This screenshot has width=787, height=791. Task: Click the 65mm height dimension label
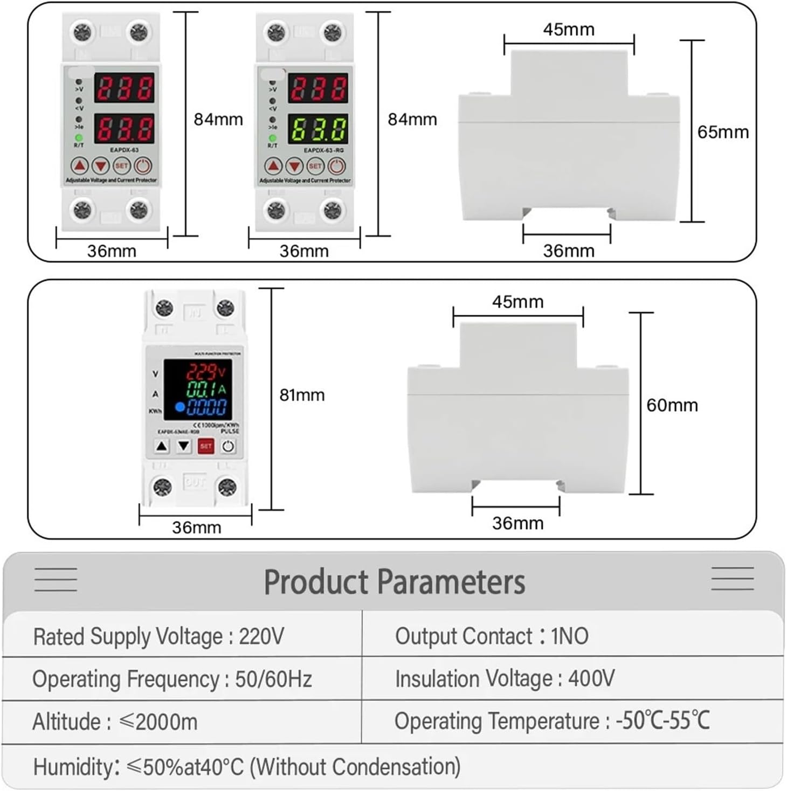click(723, 132)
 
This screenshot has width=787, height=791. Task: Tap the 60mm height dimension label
click(672, 405)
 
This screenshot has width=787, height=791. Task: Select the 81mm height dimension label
click(302, 395)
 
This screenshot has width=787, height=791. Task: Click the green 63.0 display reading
click(318, 129)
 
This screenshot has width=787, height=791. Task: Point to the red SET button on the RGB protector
click(206, 446)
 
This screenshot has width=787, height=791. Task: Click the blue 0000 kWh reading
click(206, 407)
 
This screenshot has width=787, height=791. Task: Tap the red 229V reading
click(205, 372)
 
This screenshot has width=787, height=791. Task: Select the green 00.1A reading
click(206, 390)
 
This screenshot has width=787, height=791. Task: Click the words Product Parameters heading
click(394, 582)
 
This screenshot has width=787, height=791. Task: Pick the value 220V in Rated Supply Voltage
click(261, 637)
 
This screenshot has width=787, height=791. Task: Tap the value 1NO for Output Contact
click(569, 636)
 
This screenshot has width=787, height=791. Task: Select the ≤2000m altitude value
click(158, 722)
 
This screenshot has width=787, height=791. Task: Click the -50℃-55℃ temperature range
click(662, 721)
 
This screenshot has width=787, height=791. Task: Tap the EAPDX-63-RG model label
click(323, 150)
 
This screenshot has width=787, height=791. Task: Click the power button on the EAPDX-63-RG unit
click(336, 166)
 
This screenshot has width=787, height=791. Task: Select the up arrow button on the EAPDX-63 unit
click(80, 166)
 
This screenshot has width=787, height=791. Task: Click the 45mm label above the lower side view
click(517, 302)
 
